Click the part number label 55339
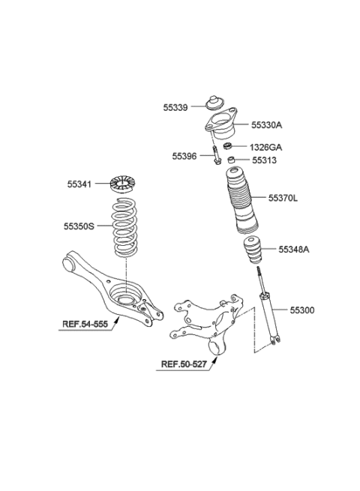click(175, 107)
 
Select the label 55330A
click(267, 125)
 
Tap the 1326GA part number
click(265, 147)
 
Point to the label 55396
click(184, 156)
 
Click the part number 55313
click(265, 160)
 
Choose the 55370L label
click(283, 198)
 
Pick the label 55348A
click(294, 250)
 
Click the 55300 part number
click(302, 310)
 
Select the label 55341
click(79, 184)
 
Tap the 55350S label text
click(79, 226)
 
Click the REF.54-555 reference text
click(85, 324)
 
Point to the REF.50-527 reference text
click(184, 364)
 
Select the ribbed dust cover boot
click(242, 200)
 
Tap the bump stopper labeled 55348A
click(253, 250)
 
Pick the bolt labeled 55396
click(216, 154)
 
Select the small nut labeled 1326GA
click(227, 146)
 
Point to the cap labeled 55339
click(214, 102)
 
